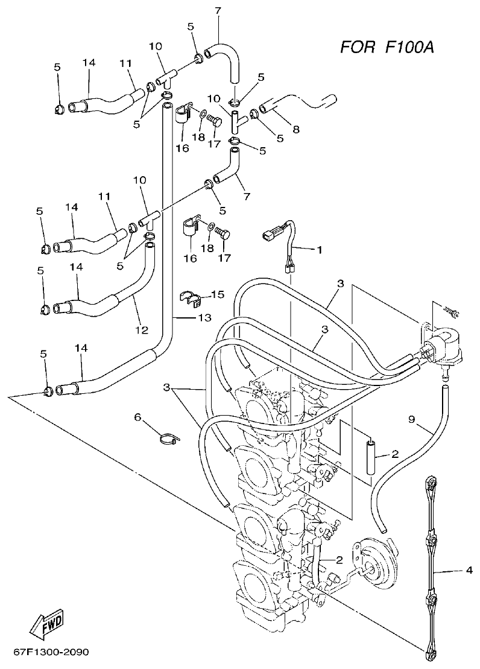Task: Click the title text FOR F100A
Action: point(387,46)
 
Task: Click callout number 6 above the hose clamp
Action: point(137,417)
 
